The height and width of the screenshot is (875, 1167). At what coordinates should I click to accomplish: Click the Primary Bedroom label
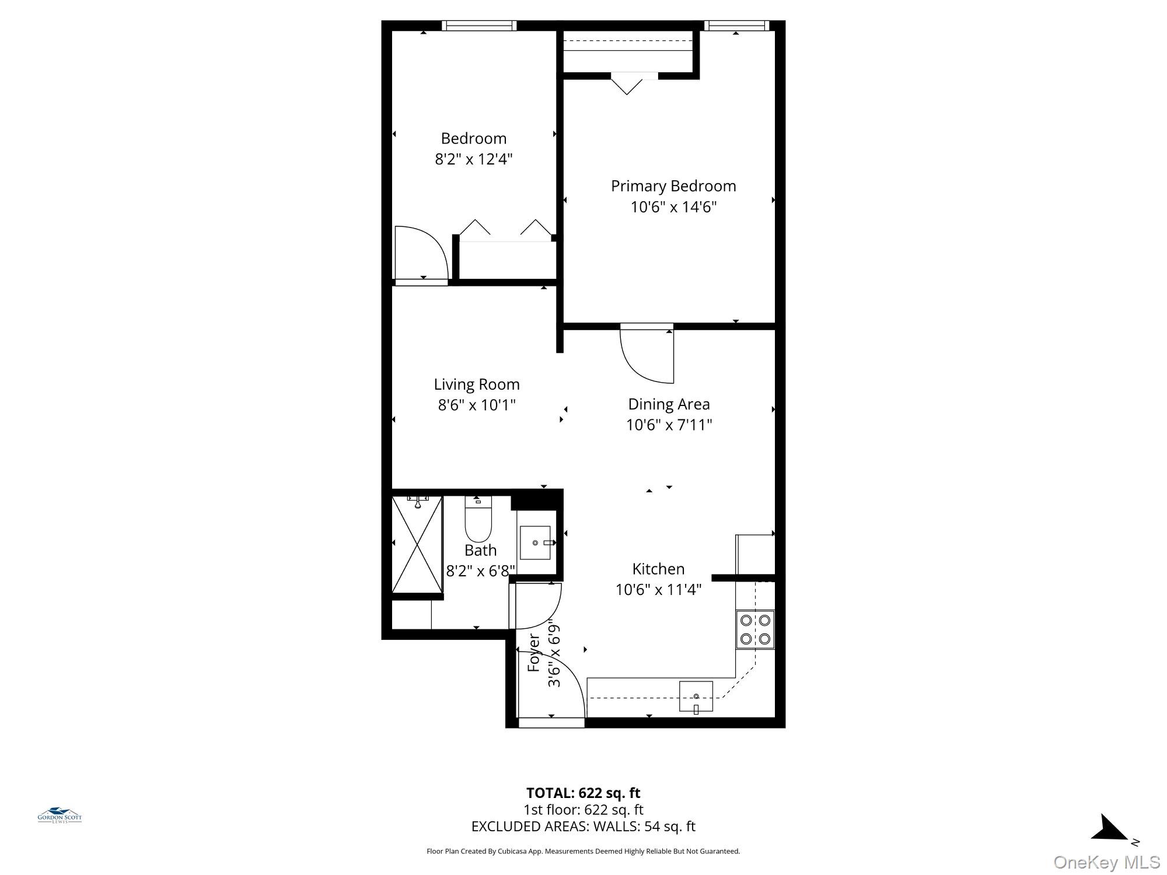tap(673, 186)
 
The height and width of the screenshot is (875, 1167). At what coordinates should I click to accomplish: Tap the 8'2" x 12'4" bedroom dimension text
tap(474, 159)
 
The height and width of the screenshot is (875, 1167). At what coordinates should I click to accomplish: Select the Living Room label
tap(477, 384)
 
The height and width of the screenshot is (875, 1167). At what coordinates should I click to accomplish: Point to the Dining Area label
tap(669, 404)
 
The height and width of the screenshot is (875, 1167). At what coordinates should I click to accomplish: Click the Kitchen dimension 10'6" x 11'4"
tap(658, 590)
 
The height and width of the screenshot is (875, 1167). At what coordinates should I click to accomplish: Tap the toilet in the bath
tap(478, 519)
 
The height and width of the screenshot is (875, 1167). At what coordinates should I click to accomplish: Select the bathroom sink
tap(535, 542)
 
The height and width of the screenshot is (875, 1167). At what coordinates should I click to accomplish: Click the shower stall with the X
tap(417, 544)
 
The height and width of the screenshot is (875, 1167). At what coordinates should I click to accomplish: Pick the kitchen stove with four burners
tap(755, 629)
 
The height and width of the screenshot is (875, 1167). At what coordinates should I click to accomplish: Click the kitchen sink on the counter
tap(696, 696)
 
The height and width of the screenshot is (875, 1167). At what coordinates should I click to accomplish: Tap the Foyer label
tap(533, 653)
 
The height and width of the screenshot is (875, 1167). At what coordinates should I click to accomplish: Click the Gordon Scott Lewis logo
tap(60, 815)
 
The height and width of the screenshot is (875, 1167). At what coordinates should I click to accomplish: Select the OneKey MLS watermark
tap(1107, 862)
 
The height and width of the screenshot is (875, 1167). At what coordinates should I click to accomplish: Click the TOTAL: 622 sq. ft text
tap(583, 793)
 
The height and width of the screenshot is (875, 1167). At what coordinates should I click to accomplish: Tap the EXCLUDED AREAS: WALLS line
tap(583, 827)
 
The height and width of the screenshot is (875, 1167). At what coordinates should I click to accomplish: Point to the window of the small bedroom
tap(479, 25)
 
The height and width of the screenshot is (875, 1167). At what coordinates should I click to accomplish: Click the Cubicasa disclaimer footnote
tap(583, 851)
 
